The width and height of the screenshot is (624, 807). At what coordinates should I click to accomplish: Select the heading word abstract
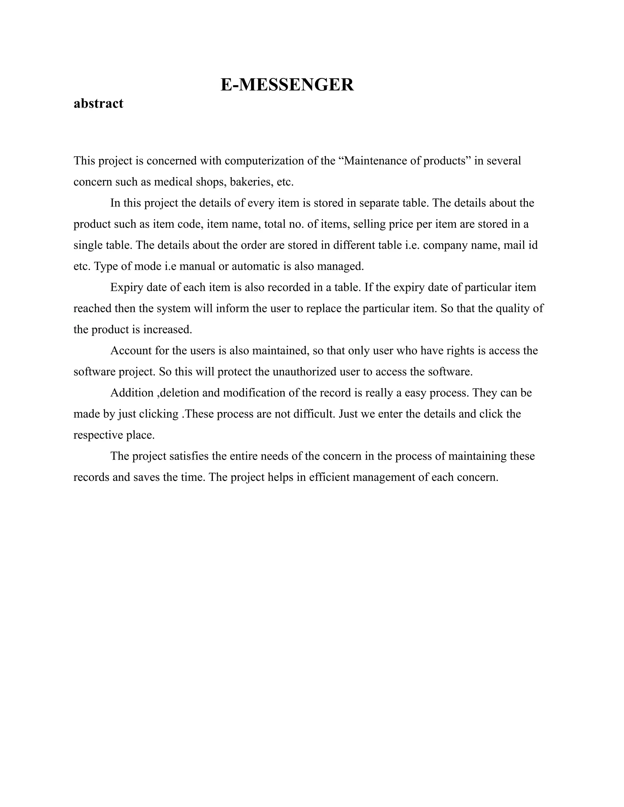[98, 104]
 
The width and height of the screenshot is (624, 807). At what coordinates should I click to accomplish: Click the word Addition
[132, 393]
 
